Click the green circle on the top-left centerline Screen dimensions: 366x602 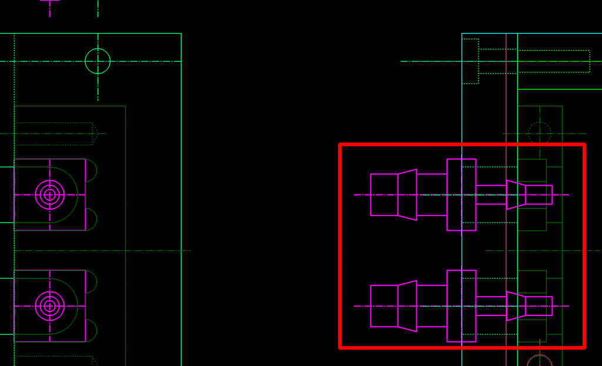click(98, 61)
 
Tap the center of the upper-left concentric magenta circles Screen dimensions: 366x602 click(50, 194)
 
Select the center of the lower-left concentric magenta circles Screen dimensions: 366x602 click(50, 305)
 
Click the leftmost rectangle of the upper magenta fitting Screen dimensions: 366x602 click(384, 194)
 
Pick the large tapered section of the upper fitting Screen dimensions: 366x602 click(407, 194)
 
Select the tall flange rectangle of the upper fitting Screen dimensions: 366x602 click(461, 194)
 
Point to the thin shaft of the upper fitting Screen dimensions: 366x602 click(491, 194)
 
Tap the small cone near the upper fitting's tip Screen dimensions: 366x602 click(516, 194)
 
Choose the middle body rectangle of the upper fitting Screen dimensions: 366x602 click(432, 194)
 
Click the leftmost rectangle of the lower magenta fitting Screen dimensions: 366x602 click(384, 305)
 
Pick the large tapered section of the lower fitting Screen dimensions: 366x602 click(407, 305)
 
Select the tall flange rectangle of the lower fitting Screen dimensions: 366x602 click(461, 305)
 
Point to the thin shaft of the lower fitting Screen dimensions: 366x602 click(491, 305)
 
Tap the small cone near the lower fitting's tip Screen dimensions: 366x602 click(516, 305)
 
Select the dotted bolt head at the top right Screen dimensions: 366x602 click(471, 61)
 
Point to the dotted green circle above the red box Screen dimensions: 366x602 click(539, 133)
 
